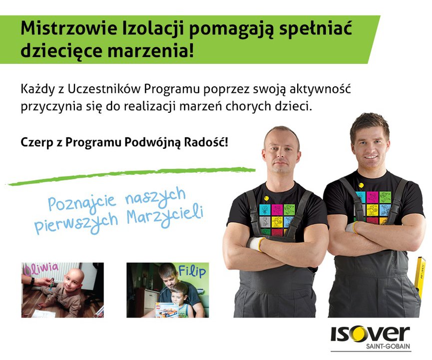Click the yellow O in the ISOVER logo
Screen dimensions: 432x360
pos(359,334)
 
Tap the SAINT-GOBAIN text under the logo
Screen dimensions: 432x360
pos(388,347)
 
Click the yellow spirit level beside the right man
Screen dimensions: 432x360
pos(421,278)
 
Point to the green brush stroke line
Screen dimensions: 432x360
pos(131,175)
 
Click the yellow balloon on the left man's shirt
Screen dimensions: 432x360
pos(266,198)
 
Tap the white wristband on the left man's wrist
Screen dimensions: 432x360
pos(255,244)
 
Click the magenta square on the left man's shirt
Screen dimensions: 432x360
pos(277,210)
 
